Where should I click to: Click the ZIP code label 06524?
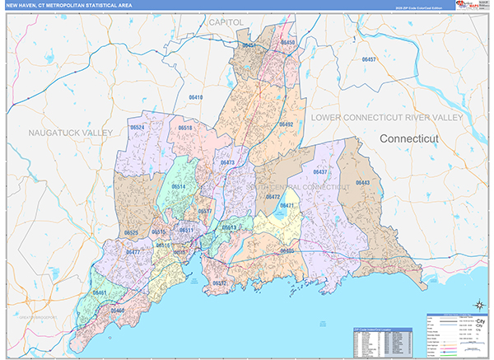pyautogui.click(x=137, y=128)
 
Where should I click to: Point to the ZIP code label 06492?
pyautogui.click(x=286, y=124)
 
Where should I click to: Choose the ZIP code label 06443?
pyautogui.click(x=363, y=182)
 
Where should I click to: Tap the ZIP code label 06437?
pyautogui.click(x=319, y=171)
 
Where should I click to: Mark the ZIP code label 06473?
pyautogui.click(x=227, y=162)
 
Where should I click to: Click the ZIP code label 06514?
pyautogui.click(x=179, y=187)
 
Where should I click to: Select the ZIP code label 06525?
pyautogui.click(x=131, y=233)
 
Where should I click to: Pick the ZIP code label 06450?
pyautogui.click(x=287, y=41)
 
